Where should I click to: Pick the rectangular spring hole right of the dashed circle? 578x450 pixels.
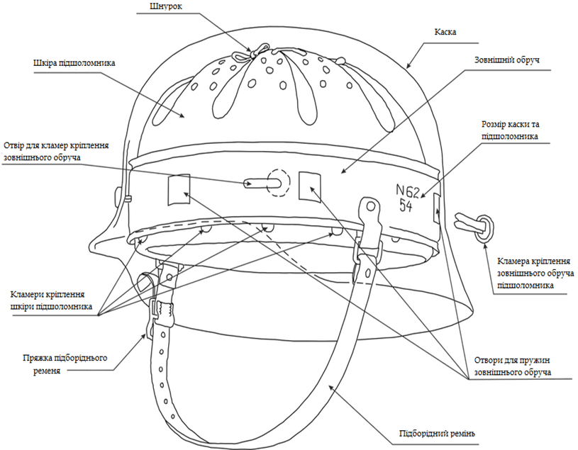(309, 185)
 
